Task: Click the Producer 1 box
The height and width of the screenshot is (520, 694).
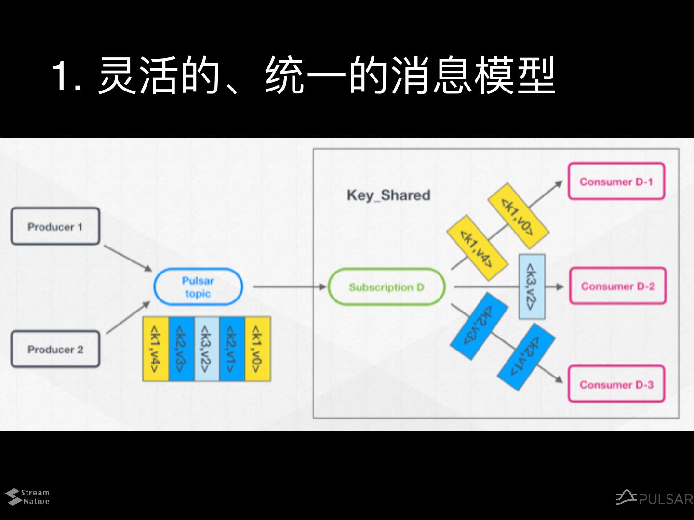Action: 55,226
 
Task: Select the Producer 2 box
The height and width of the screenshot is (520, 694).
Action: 55,349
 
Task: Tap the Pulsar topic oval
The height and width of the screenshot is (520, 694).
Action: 198,287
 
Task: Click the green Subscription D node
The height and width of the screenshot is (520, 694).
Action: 387,287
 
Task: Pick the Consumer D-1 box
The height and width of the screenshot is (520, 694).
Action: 616,182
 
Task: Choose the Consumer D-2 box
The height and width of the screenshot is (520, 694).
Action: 617,286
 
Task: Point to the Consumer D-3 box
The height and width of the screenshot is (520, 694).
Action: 616,384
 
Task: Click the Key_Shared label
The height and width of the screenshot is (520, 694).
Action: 388,195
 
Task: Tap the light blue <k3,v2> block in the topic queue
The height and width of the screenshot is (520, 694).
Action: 206,349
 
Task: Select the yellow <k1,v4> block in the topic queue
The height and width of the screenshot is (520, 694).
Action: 155,349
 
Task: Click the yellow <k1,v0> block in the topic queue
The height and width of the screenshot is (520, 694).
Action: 258,349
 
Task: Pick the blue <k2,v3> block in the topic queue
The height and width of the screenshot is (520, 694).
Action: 181,349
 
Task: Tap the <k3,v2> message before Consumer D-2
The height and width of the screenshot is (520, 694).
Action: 532,286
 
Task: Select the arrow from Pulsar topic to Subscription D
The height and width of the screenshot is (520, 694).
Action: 289,287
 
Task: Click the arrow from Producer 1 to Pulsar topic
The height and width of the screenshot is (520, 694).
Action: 128,258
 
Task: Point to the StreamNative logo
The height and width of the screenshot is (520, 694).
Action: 28,497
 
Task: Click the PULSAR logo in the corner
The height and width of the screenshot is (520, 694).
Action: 654,498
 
